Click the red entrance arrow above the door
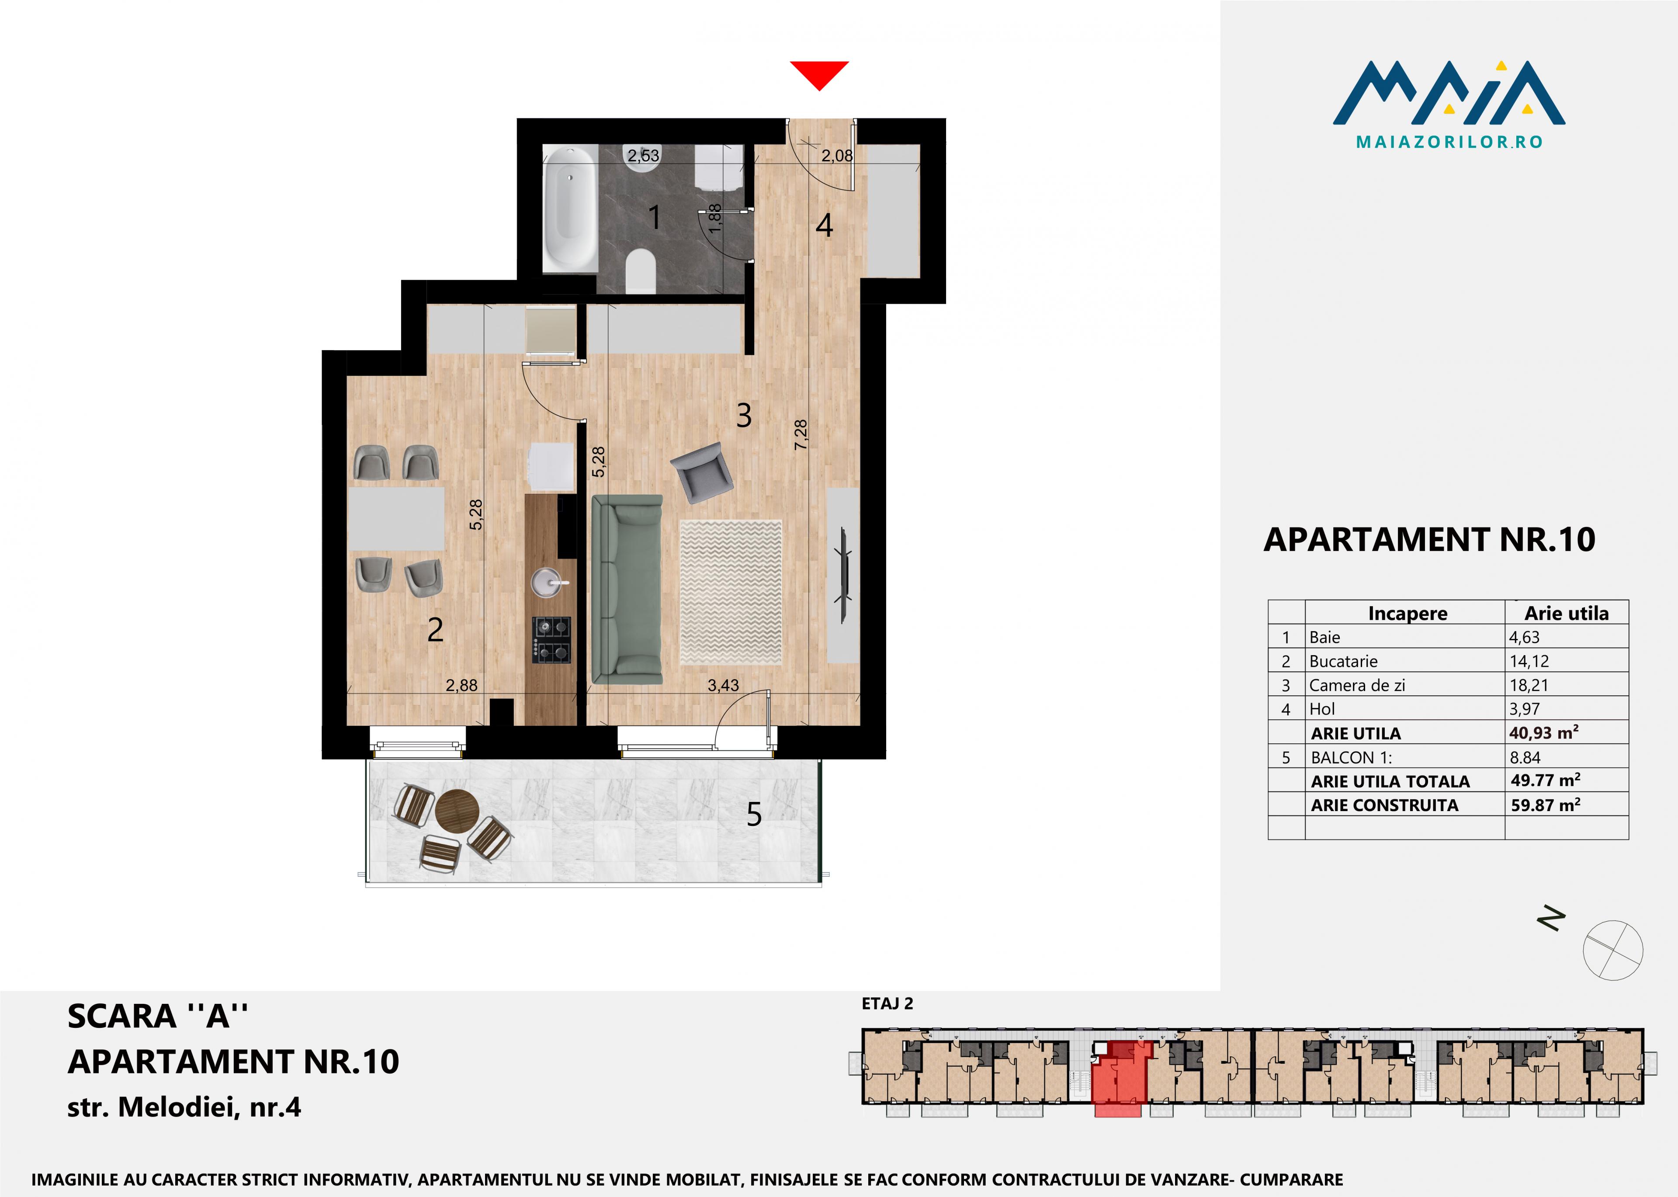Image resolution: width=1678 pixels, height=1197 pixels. (819, 74)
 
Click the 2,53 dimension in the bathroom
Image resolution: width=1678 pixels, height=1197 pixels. (643, 156)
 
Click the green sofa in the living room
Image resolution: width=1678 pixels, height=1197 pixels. (627, 589)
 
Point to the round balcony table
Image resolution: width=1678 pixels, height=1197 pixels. (457, 812)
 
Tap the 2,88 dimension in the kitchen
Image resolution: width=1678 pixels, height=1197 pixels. (461, 686)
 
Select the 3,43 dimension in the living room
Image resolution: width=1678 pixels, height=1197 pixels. (723, 686)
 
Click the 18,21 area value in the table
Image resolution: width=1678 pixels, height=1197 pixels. (1529, 685)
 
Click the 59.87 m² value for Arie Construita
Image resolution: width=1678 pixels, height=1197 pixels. (1545, 805)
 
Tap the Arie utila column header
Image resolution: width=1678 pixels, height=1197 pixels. (1566, 613)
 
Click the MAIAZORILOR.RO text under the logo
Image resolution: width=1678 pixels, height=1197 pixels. (1449, 142)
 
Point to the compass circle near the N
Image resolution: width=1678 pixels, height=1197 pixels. (1612, 950)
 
